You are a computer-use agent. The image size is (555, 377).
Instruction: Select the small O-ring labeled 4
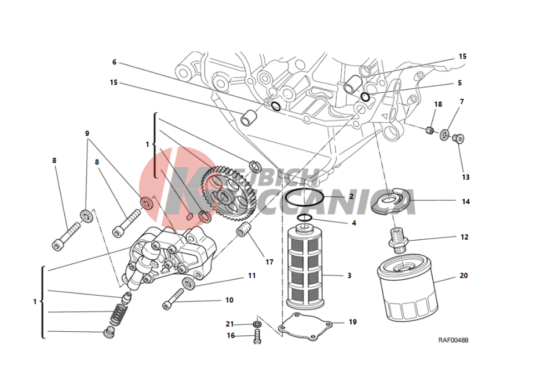[x=305, y=218]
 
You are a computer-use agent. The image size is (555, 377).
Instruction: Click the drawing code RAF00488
[x=453, y=340]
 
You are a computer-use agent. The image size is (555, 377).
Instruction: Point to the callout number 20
[x=463, y=275]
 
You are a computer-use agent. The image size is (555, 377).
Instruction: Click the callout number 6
[x=114, y=62]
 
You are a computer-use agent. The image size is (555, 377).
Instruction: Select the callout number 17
[x=269, y=262]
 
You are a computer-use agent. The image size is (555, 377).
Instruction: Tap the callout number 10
[x=229, y=300]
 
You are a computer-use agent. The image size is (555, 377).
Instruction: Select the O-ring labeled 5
[x=365, y=97]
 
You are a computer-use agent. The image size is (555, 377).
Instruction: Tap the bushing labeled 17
[x=243, y=230]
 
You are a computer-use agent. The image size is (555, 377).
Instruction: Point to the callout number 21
[x=230, y=324]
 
